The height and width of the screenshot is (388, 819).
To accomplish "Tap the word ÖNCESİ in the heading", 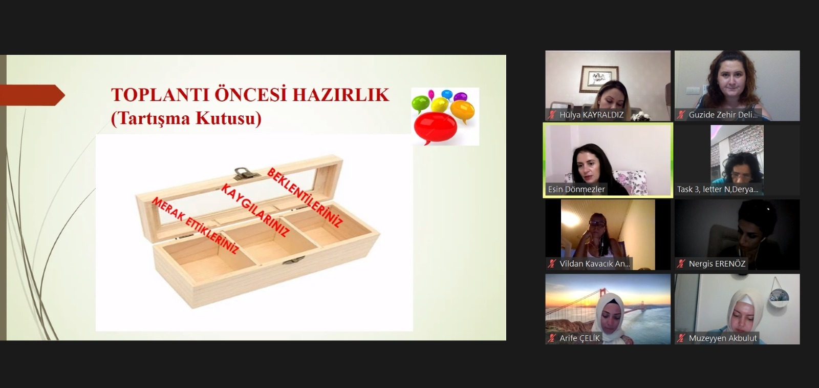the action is pyautogui.click(x=249, y=94).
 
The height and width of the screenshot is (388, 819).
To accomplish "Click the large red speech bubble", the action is pyautogui.click(x=435, y=128).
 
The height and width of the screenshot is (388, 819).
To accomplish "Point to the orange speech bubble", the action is pyautogui.click(x=462, y=111).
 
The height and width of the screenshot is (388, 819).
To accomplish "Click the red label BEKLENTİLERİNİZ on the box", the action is pyautogui.click(x=305, y=197).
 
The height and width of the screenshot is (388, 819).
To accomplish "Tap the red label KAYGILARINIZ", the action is pyautogui.click(x=255, y=210).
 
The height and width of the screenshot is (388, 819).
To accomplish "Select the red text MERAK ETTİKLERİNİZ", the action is pyautogui.click(x=195, y=225).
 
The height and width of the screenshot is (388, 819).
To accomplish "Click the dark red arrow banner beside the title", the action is pyautogui.click(x=32, y=95).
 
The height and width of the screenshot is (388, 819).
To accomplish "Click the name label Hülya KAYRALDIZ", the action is pyautogui.click(x=591, y=115).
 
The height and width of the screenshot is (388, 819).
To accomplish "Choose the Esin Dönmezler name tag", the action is pyautogui.click(x=576, y=189).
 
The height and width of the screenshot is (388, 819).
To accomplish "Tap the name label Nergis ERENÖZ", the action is pyautogui.click(x=717, y=263).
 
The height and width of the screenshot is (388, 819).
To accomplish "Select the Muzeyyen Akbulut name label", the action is pyautogui.click(x=723, y=338).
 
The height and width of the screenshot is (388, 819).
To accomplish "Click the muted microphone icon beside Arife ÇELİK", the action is pyautogui.click(x=552, y=338).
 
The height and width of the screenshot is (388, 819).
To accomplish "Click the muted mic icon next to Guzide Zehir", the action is pyautogui.click(x=681, y=115).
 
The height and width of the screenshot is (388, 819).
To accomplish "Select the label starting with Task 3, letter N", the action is pyautogui.click(x=717, y=189).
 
